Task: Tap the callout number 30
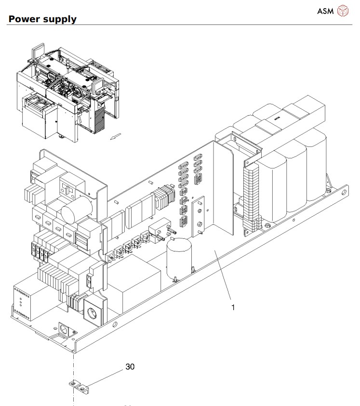[x=130, y=367]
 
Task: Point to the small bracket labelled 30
[x=79, y=386]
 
